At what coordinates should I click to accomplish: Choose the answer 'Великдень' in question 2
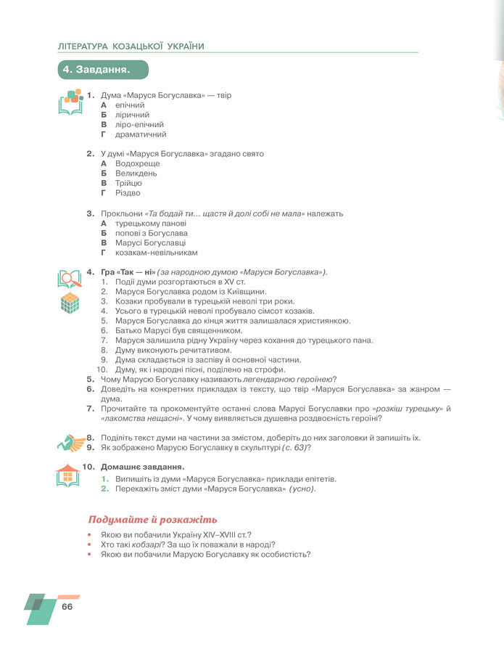(136, 174)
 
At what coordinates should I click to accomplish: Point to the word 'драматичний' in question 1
(141, 134)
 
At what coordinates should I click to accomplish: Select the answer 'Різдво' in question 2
(128, 193)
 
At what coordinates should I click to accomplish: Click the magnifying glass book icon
(70, 279)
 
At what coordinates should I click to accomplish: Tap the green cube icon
(69, 303)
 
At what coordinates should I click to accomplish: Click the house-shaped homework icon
(67, 475)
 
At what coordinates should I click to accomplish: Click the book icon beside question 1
(70, 102)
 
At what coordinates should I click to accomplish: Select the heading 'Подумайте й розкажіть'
(152, 520)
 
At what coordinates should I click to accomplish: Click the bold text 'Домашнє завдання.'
(142, 466)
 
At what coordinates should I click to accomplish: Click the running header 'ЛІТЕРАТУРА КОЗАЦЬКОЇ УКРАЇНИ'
(131, 46)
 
